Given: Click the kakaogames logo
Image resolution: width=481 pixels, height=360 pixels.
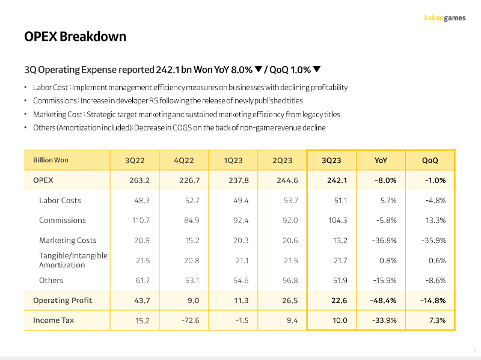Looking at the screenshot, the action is tap(444, 18).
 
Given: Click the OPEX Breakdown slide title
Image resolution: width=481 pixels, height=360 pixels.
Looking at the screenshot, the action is tap(75, 37).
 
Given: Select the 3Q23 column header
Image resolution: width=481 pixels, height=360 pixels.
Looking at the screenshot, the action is tap(331, 160).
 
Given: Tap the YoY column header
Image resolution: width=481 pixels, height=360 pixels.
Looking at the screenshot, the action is tap(381, 160).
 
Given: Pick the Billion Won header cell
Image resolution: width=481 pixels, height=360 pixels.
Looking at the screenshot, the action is tap(51, 160).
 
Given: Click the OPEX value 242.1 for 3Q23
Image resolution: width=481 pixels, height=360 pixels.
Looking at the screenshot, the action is tap(337, 180).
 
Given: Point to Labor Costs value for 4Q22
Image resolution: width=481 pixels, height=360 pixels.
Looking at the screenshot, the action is tap(192, 201).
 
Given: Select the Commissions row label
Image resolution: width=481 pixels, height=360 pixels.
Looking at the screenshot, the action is tap(63, 220).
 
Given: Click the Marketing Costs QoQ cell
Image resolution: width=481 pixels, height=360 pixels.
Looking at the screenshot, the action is tap(434, 240).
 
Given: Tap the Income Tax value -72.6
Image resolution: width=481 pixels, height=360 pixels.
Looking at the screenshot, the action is tap(190, 320).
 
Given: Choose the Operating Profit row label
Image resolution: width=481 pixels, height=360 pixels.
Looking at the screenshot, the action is tap(63, 301).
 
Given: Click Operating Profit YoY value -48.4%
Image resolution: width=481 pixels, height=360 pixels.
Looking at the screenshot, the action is tap(383, 301).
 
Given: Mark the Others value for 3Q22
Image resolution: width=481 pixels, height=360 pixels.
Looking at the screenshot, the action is tap(143, 281).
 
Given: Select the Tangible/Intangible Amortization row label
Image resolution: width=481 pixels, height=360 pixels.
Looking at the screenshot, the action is tap(73, 260).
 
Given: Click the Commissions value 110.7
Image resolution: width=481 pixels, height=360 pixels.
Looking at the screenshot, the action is tap(141, 221).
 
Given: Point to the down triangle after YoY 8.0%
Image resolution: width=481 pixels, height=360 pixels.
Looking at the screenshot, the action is tap(259, 69).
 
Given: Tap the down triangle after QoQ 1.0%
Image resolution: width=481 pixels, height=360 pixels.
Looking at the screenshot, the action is tap(317, 69).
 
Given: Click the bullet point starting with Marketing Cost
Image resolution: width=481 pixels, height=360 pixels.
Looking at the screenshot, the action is tap(186, 114).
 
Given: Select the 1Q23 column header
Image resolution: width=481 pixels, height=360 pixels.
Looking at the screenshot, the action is tap(233, 160).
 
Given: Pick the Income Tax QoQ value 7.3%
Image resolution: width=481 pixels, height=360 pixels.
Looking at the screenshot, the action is tap(438, 320).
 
